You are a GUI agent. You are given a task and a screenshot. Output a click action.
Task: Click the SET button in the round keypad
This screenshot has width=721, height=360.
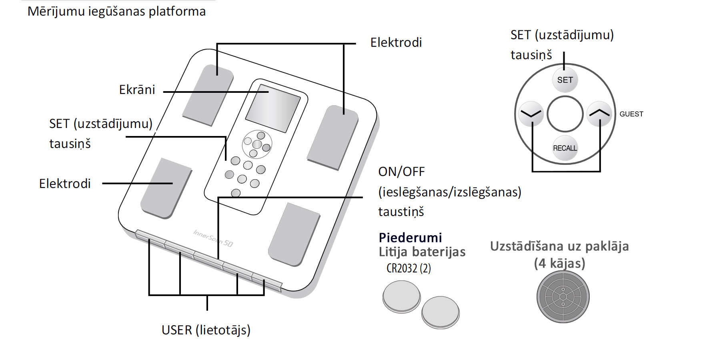565,80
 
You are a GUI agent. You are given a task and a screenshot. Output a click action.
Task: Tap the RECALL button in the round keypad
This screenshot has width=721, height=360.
565,148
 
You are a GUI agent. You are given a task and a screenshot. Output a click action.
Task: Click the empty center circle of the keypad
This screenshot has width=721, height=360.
565,114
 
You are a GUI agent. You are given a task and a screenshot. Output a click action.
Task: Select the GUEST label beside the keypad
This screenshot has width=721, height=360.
631,114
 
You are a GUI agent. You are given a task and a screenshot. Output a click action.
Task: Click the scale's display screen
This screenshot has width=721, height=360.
273,108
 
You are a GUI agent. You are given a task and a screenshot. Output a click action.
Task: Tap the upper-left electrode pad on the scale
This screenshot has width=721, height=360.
208,95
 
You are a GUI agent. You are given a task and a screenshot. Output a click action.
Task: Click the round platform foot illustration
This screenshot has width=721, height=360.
563,297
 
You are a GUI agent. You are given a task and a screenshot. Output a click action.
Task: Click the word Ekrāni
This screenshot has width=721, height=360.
137,90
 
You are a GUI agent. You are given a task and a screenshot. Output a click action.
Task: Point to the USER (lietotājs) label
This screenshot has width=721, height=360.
206,330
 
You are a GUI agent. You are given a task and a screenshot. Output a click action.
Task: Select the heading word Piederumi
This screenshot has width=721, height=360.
410,238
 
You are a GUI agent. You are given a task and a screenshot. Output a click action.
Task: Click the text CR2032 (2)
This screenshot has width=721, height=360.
409,268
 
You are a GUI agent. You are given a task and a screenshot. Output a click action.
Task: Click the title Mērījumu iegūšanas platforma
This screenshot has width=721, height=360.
116,11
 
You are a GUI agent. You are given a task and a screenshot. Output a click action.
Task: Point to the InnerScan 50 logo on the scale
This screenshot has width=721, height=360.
213,238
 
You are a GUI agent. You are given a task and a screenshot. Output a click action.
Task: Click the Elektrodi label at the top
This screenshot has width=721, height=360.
396,42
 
